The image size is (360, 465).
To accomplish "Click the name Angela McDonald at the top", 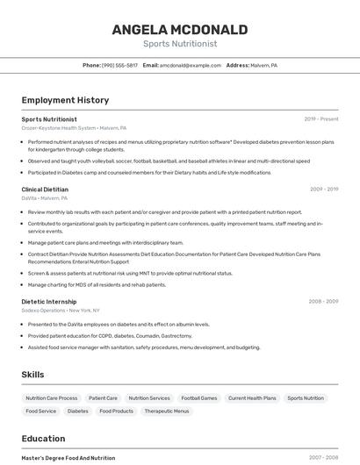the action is [x=179, y=30].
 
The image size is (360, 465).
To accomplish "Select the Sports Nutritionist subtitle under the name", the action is [x=179, y=44].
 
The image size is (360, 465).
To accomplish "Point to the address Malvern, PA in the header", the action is [x=263, y=65].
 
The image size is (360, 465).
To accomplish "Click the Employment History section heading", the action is [x=65, y=100].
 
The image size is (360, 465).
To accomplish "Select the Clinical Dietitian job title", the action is [x=45, y=189].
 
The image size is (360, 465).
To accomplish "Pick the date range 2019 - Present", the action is [x=321, y=118].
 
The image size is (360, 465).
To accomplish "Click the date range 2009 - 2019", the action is [x=324, y=189].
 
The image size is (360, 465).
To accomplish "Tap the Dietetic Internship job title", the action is [x=48, y=301].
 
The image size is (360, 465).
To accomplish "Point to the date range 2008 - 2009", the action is [x=323, y=301].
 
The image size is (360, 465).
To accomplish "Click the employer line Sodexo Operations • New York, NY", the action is [x=61, y=310].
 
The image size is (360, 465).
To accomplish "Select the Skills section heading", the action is [x=32, y=375].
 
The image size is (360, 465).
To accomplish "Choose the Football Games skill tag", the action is [x=198, y=398].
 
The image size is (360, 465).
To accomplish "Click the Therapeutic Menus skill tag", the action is [x=167, y=411].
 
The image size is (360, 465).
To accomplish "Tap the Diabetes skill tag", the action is [x=78, y=411].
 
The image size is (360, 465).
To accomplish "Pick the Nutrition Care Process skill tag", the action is [x=52, y=398].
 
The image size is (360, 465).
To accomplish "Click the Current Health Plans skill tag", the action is [x=252, y=398].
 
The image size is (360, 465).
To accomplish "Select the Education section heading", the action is [x=43, y=439].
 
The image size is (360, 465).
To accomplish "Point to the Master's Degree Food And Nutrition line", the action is [x=68, y=458].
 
